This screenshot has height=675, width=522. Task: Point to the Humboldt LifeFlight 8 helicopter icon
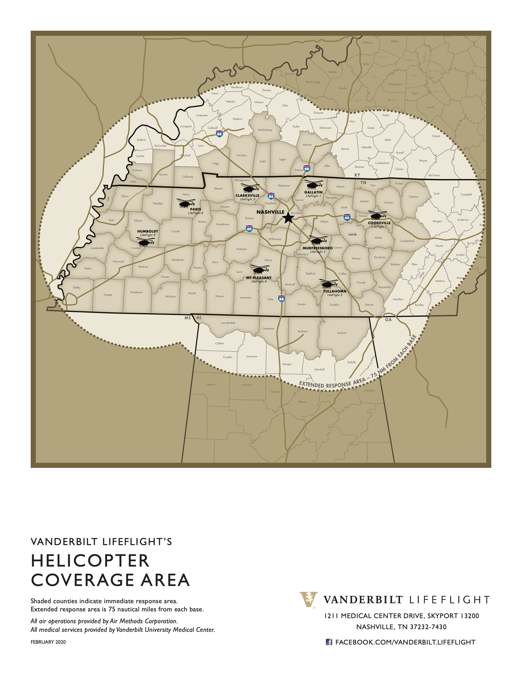[x=145, y=241]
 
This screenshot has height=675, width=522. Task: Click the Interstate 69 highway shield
[x=219, y=134]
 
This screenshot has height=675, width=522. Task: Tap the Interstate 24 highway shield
[x=271, y=196]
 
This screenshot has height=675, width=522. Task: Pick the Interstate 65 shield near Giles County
[x=281, y=299]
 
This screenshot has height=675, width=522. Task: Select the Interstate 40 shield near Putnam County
[x=347, y=218]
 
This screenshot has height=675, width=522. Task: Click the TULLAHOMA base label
[x=335, y=291]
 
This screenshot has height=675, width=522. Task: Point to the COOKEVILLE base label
[x=379, y=223]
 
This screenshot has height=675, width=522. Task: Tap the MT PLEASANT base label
[x=259, y=278]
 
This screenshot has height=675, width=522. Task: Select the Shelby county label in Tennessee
[x=77, y=287]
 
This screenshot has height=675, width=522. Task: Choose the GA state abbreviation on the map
[x=388, y=319]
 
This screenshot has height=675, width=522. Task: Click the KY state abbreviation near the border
[x=357, y=175]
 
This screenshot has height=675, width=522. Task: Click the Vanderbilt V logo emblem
[x=308, y=599]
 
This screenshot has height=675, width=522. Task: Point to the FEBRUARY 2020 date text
[x=48, y=642]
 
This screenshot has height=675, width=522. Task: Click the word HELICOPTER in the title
[x=90, y=561]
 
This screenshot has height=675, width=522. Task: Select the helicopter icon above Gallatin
[x=314, y=184]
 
